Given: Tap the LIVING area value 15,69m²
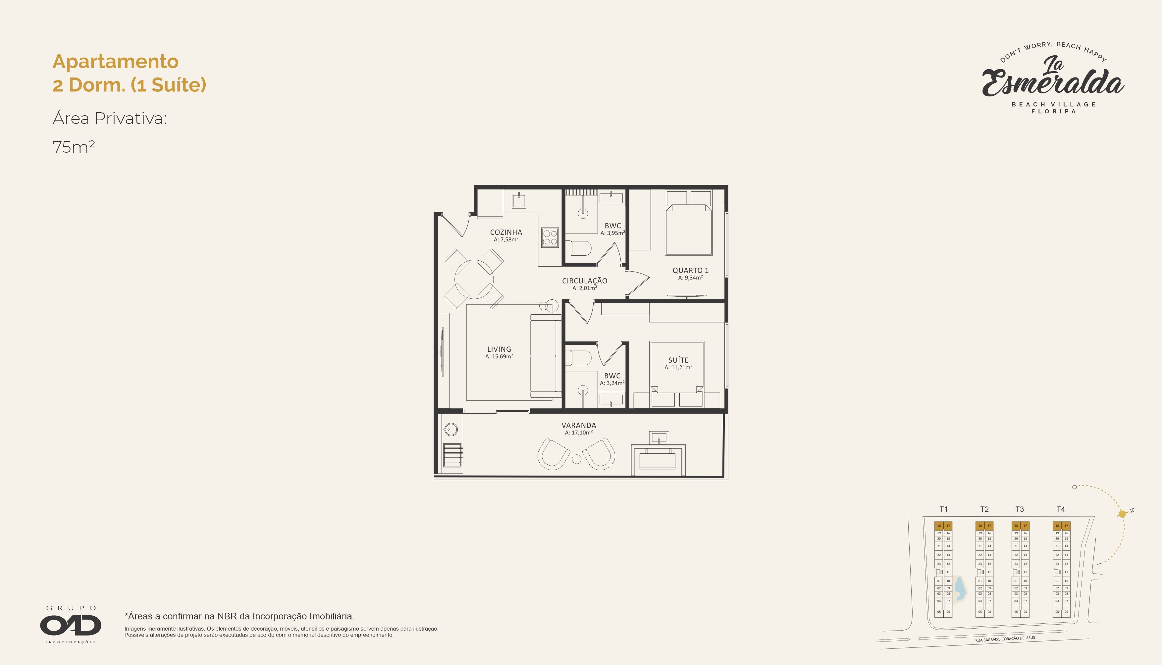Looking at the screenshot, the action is click(x=499, y=357).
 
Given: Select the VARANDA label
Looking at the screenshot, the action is click(x=579, y=425).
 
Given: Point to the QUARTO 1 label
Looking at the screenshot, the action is click(x=690, y=270).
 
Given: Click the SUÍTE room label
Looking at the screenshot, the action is click(x=678, y=360).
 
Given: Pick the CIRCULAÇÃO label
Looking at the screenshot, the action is click(x=585, y=281).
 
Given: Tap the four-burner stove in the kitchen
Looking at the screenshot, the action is click(x=550, y=237).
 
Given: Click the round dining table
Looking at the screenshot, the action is click(x=474, y=279).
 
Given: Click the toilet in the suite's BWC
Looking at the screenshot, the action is click(x=578, y=358).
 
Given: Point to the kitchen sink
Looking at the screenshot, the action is click(x=519, y=200).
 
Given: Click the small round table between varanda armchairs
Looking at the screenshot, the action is click(x=576, y=459).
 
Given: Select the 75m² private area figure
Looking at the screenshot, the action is click(x=74, y=147).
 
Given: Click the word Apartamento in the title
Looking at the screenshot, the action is click(x=116, y=62).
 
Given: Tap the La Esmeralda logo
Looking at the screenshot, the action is click(x=1053, y=77).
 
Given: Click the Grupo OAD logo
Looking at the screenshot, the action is click(x=71, y=624).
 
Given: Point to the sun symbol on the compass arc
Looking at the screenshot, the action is click(x=1122, y=514).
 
